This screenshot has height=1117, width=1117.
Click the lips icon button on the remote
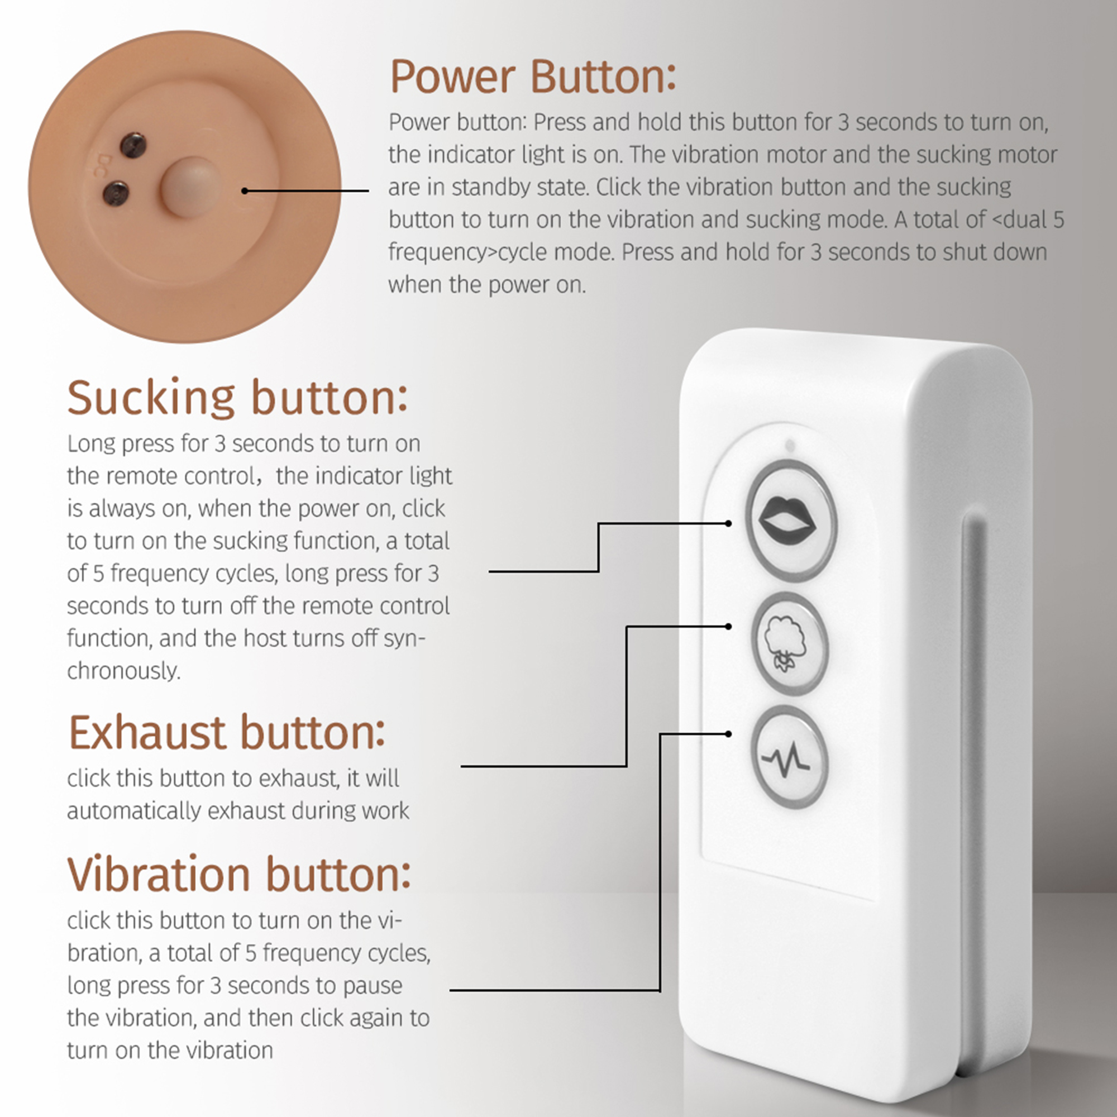point(790,521)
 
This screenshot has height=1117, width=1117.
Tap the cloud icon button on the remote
point(789,643)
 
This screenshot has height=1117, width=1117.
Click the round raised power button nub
point(191,187)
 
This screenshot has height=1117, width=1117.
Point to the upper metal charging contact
point(133,144)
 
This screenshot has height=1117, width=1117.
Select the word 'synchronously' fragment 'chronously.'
point(124,671)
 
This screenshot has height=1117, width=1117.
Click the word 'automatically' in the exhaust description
point(134,811)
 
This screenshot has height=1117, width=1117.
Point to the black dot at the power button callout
point(245,191)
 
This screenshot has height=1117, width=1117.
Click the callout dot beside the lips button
point(728,523)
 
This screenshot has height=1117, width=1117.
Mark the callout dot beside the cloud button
point(728,626)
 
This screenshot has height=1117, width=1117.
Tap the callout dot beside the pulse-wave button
point(728,734)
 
